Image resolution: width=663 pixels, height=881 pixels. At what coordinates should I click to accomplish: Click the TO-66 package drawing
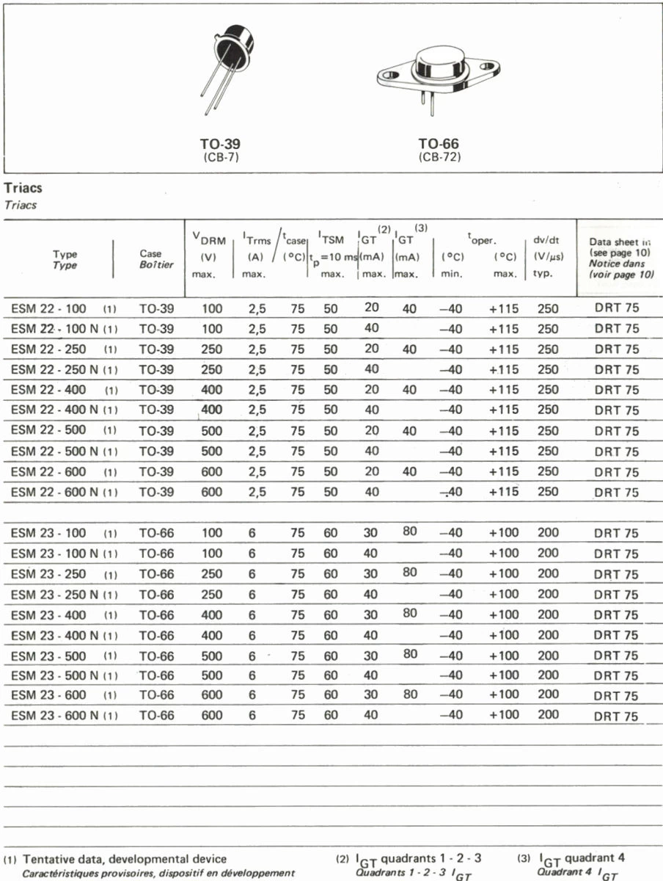[x=438, y=73]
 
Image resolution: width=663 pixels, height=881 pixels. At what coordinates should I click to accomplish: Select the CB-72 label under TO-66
[x=439, y=157]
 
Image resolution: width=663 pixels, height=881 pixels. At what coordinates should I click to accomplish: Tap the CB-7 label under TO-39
[x=221, y=157]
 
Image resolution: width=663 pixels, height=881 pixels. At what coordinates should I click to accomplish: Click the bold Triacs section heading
[x=23, y=189]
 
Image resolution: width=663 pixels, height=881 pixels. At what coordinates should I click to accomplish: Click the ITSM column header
[x=332, y=239]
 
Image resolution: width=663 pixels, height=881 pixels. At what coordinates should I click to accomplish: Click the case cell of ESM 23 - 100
[x=156, y=534]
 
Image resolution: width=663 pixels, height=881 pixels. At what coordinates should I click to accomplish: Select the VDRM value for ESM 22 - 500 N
[x=210, y=452]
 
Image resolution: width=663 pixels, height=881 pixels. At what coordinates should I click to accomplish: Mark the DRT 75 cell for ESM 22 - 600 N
[x=616, y=493]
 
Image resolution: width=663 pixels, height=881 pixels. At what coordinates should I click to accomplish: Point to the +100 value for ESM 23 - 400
[x=504, y=614]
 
